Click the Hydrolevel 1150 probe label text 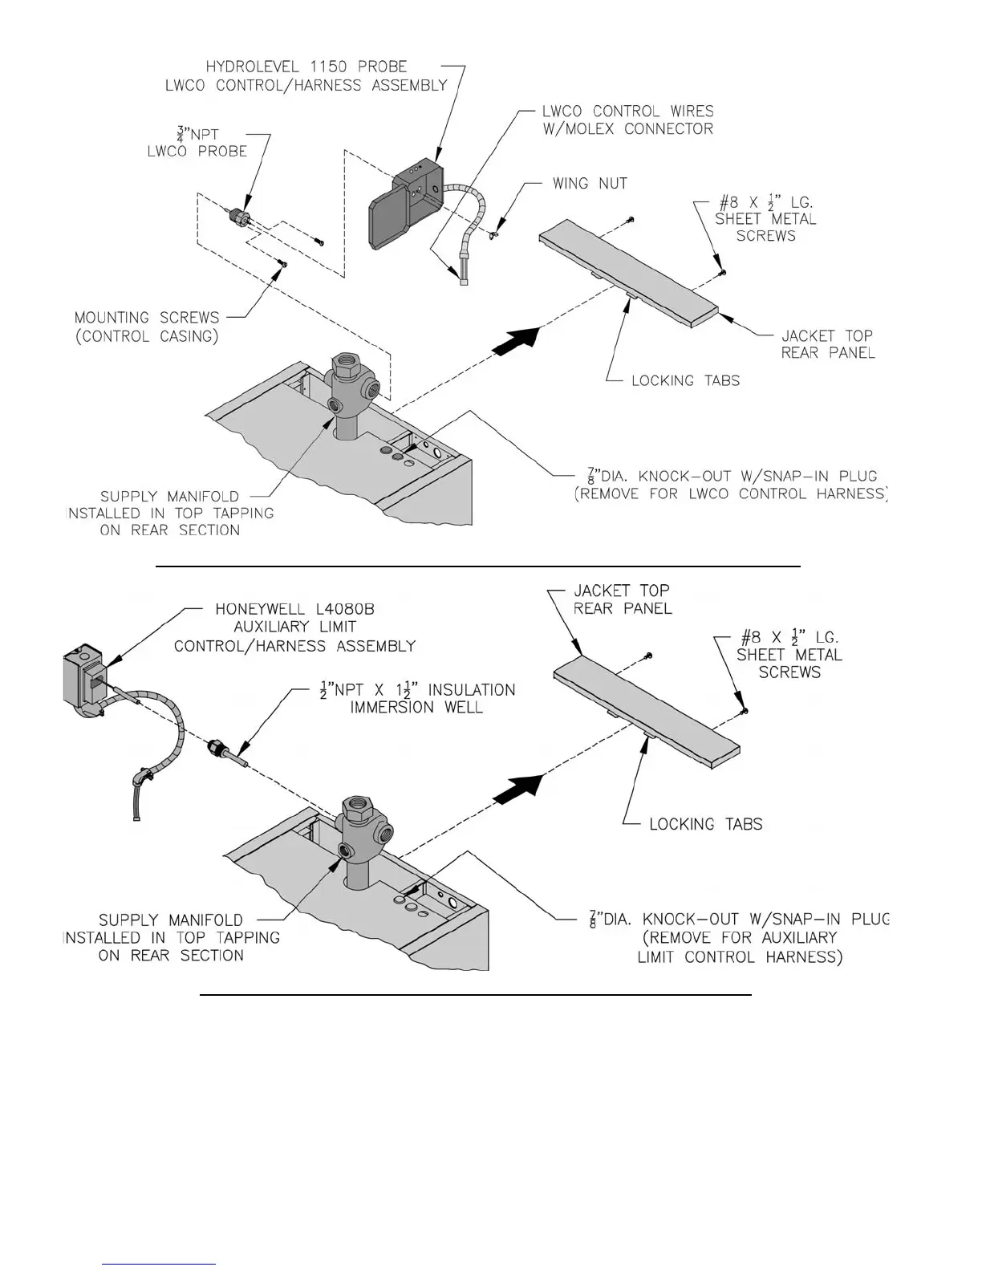tap(306, 67)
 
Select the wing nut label tap(590, 184)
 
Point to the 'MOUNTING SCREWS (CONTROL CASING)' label tap(147, 327)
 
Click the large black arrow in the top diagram tap(514, 340)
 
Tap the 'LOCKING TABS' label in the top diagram tap(685, 380)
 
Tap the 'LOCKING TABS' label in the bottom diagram tap(705, 824)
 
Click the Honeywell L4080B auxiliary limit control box tap(83, 678)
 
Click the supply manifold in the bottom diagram tap(359, 834)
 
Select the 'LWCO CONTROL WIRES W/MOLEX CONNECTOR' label tap(627, 120)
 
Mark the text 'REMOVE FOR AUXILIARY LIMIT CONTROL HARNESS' tap(739, 947)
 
